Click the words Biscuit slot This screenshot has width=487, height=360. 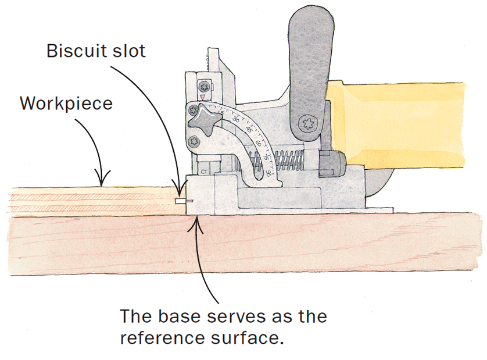96,51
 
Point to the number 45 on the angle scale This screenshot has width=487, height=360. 249,126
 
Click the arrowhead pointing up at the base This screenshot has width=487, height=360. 199,219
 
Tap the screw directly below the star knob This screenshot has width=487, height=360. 193,140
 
